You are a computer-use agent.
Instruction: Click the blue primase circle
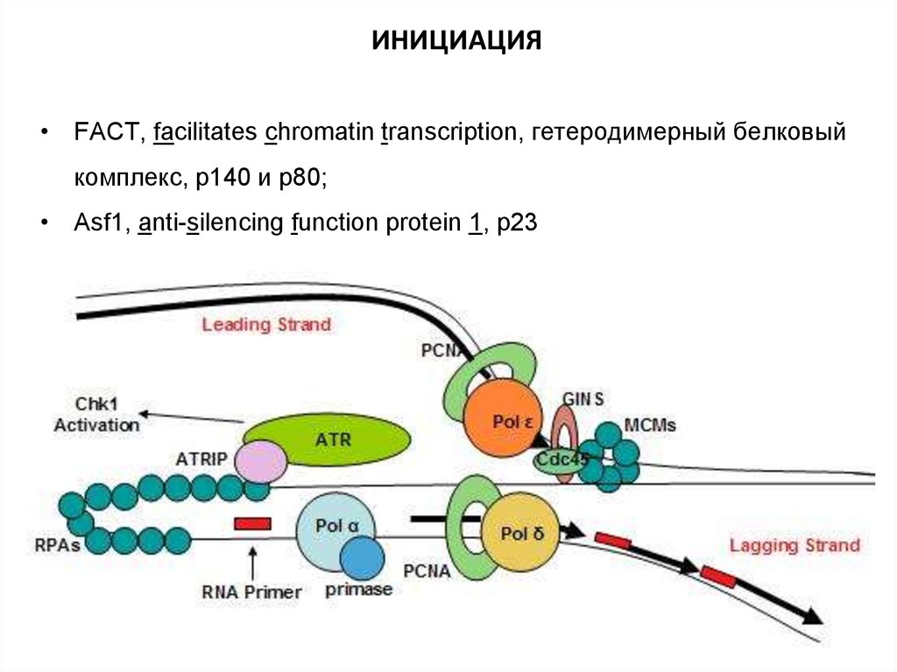(362, 558)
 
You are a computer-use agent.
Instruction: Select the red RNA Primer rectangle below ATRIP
(252, 523)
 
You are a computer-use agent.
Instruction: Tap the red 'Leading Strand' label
(266, 324)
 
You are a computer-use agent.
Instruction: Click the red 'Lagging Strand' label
(795, 545)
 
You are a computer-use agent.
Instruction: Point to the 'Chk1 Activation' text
(96, 415)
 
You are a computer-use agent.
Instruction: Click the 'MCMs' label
(649, 425)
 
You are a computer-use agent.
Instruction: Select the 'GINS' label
(585, 398)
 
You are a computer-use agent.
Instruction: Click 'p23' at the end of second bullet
(516, 223)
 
